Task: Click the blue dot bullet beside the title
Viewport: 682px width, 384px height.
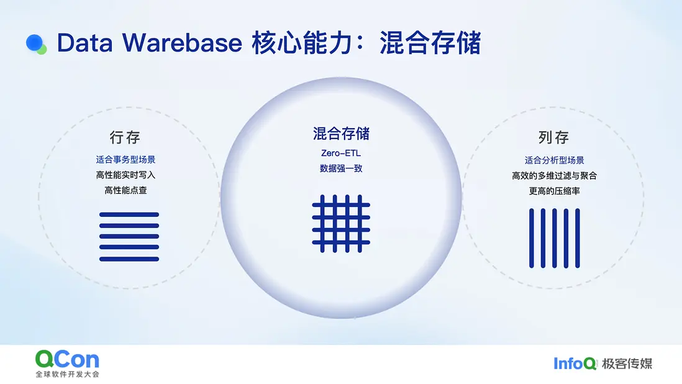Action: click(x=34, y=43)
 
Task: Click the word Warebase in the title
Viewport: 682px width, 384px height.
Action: click(x=182, y=43)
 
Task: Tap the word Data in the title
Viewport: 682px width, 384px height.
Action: click(x=85, y=43)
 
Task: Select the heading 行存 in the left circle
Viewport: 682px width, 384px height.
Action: click(x=125, y=137)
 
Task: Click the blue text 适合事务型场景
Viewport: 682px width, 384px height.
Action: click(x=125, y=160)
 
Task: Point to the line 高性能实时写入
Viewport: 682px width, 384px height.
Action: click(x=125, y=175)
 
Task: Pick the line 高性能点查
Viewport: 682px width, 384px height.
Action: click(x=125, y=190)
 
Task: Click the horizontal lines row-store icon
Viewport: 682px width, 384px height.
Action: click(x=129, y=237)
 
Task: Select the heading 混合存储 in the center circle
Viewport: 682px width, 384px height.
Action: click(x=341, y=134)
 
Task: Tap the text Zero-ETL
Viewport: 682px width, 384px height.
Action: click(x=341, y=153)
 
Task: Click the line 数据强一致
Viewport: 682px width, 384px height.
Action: click(x=341, y=168)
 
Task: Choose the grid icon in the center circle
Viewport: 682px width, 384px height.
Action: click(x=341, y=224)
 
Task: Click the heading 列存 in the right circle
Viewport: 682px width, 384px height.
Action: click(x=553, y=137)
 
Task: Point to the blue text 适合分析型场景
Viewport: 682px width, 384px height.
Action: click(x=554, y=160)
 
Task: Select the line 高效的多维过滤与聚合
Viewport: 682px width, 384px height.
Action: click(x=554, y=176)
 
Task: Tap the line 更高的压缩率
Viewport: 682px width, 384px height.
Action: click(x=554, y=191)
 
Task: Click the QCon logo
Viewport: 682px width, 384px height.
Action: click(x=68, y=363)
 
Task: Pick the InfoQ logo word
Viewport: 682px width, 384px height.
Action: click(x=575, y=363)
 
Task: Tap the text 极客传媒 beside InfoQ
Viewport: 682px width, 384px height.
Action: click(x=627, y=363)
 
